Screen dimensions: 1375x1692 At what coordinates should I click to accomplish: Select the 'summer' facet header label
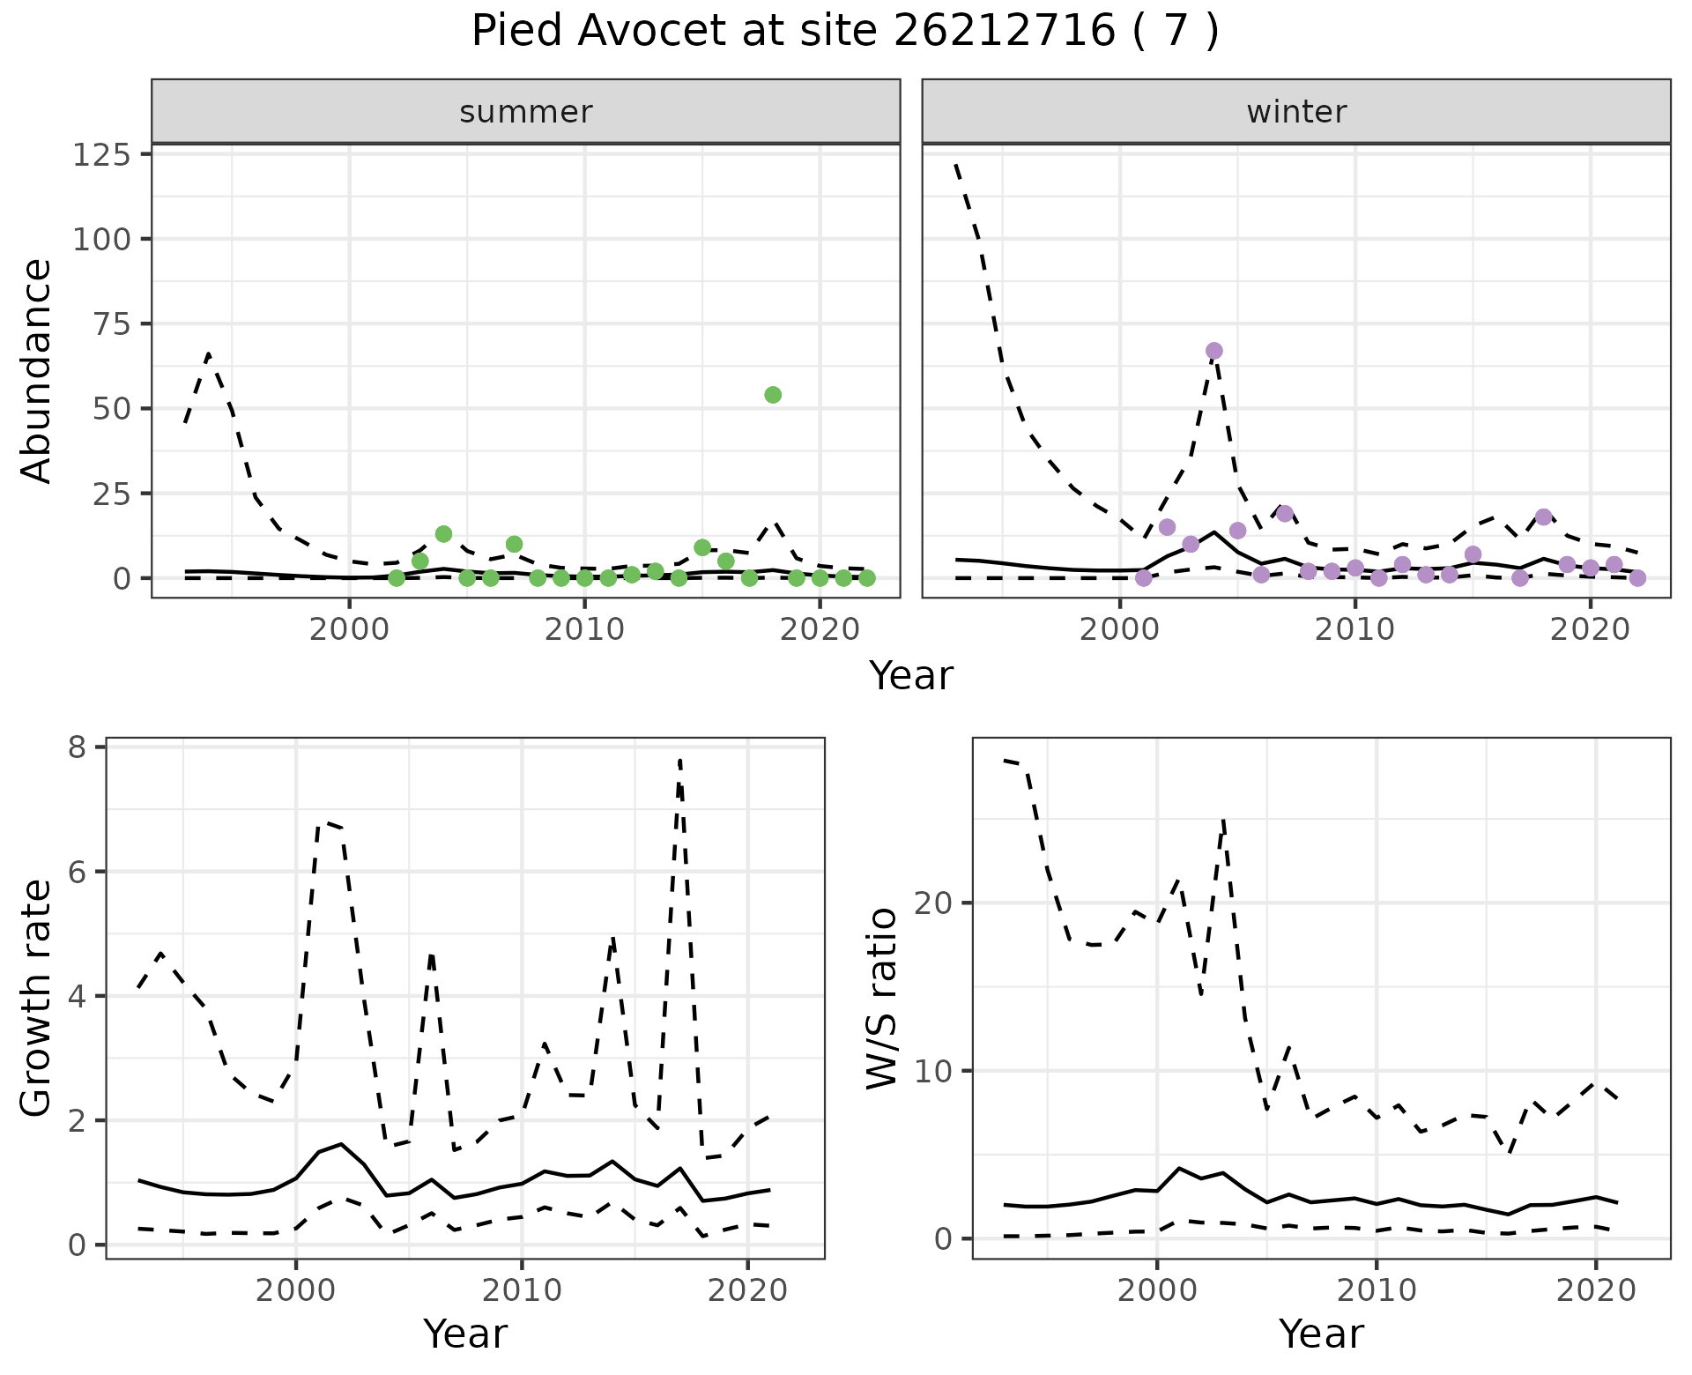coord(526,112)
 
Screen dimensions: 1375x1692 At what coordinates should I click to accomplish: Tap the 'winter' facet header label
coord(1296,112)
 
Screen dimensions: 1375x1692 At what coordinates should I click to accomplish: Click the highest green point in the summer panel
coord(773,395)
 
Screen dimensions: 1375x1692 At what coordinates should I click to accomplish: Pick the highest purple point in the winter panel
coord(1214,351)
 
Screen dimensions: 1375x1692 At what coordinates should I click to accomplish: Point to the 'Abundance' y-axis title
coord(37,370)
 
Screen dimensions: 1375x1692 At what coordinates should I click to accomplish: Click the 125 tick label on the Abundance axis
coord(100,155)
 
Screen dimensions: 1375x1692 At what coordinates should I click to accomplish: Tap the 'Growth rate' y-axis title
coord(37,998)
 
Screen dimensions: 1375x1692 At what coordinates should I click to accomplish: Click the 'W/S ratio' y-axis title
coord(882,998)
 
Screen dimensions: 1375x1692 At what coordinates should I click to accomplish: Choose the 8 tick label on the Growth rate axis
coord(77,747)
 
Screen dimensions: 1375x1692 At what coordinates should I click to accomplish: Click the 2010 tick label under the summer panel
coord(584,630)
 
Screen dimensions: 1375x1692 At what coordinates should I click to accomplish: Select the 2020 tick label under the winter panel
coord(1590,630)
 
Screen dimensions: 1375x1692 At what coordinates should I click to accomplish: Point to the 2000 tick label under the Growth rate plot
coord(296,1290)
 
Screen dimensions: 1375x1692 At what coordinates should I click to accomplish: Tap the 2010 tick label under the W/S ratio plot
coord(1377,1290)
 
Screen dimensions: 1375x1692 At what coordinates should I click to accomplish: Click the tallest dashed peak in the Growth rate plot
coord(680,760)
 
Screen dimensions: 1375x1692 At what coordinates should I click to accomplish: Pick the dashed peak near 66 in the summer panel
coord(208,354)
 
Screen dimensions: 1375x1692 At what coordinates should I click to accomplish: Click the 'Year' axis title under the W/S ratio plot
coord(1321,1334)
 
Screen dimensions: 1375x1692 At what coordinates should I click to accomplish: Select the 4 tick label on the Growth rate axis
coord(77,996)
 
